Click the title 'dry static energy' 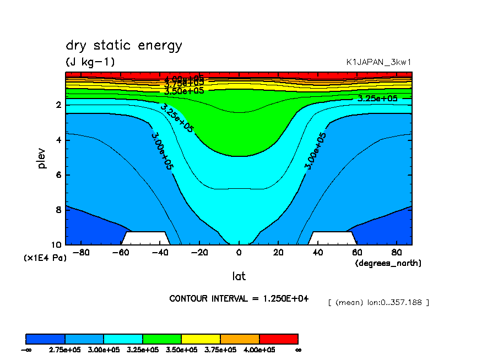(123, 46)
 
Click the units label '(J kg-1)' (90, 62)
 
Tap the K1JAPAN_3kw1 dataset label (378, 62)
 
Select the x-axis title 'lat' (239, 276)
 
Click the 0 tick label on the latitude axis (239, 253)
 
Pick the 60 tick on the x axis (357, 253)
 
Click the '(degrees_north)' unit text (388, 263)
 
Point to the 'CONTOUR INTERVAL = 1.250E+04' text (239, 298)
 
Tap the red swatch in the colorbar (278, 339)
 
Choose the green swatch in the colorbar (162, 339)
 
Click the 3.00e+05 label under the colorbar (104, 350)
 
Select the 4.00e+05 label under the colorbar (259, 350)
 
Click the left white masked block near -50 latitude (146, 238)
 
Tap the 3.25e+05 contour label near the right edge (377, 99)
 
